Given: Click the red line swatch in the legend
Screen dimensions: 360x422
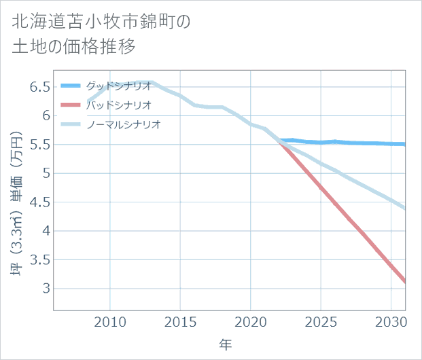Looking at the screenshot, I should tap(71, 105).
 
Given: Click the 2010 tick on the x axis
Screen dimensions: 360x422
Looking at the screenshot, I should tap(110, 321).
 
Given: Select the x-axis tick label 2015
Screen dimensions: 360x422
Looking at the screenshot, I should tap(180, 321).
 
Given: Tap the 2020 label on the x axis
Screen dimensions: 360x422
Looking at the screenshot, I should tap(251, 321).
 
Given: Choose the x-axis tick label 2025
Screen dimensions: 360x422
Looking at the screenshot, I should tap(321, 321).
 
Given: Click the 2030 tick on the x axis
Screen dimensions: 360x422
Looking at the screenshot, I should tap(391, 321).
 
